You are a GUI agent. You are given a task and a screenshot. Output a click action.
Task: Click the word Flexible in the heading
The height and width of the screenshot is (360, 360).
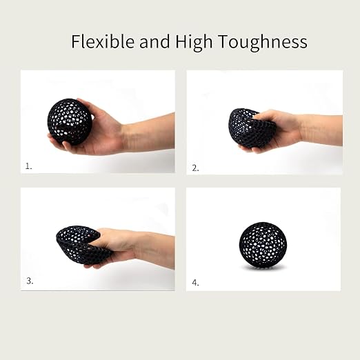[103, 41]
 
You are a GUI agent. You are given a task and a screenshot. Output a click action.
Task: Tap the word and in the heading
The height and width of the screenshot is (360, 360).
[154, 41]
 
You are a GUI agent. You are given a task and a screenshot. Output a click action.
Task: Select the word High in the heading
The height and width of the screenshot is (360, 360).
[194, 43]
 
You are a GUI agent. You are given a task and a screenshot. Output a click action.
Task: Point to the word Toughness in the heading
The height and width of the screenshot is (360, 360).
[262, 43]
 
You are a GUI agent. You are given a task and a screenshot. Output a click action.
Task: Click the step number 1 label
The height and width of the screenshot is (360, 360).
[28, 166]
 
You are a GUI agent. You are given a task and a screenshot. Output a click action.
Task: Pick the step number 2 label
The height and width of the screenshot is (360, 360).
[195, 168]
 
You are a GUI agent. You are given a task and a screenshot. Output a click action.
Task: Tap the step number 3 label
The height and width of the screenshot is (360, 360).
[30, 281]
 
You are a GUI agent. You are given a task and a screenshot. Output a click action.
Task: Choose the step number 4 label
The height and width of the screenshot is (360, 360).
[195, 283]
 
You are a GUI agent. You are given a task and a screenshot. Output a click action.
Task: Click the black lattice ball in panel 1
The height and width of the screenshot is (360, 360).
[70, 122]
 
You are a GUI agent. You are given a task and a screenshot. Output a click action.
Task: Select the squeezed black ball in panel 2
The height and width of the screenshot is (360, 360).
[250, 129]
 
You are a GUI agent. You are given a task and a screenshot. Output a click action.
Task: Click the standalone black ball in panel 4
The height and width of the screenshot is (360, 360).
[263, 245]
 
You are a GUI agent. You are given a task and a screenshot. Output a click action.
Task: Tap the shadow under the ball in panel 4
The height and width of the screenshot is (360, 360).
[263, 268]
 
